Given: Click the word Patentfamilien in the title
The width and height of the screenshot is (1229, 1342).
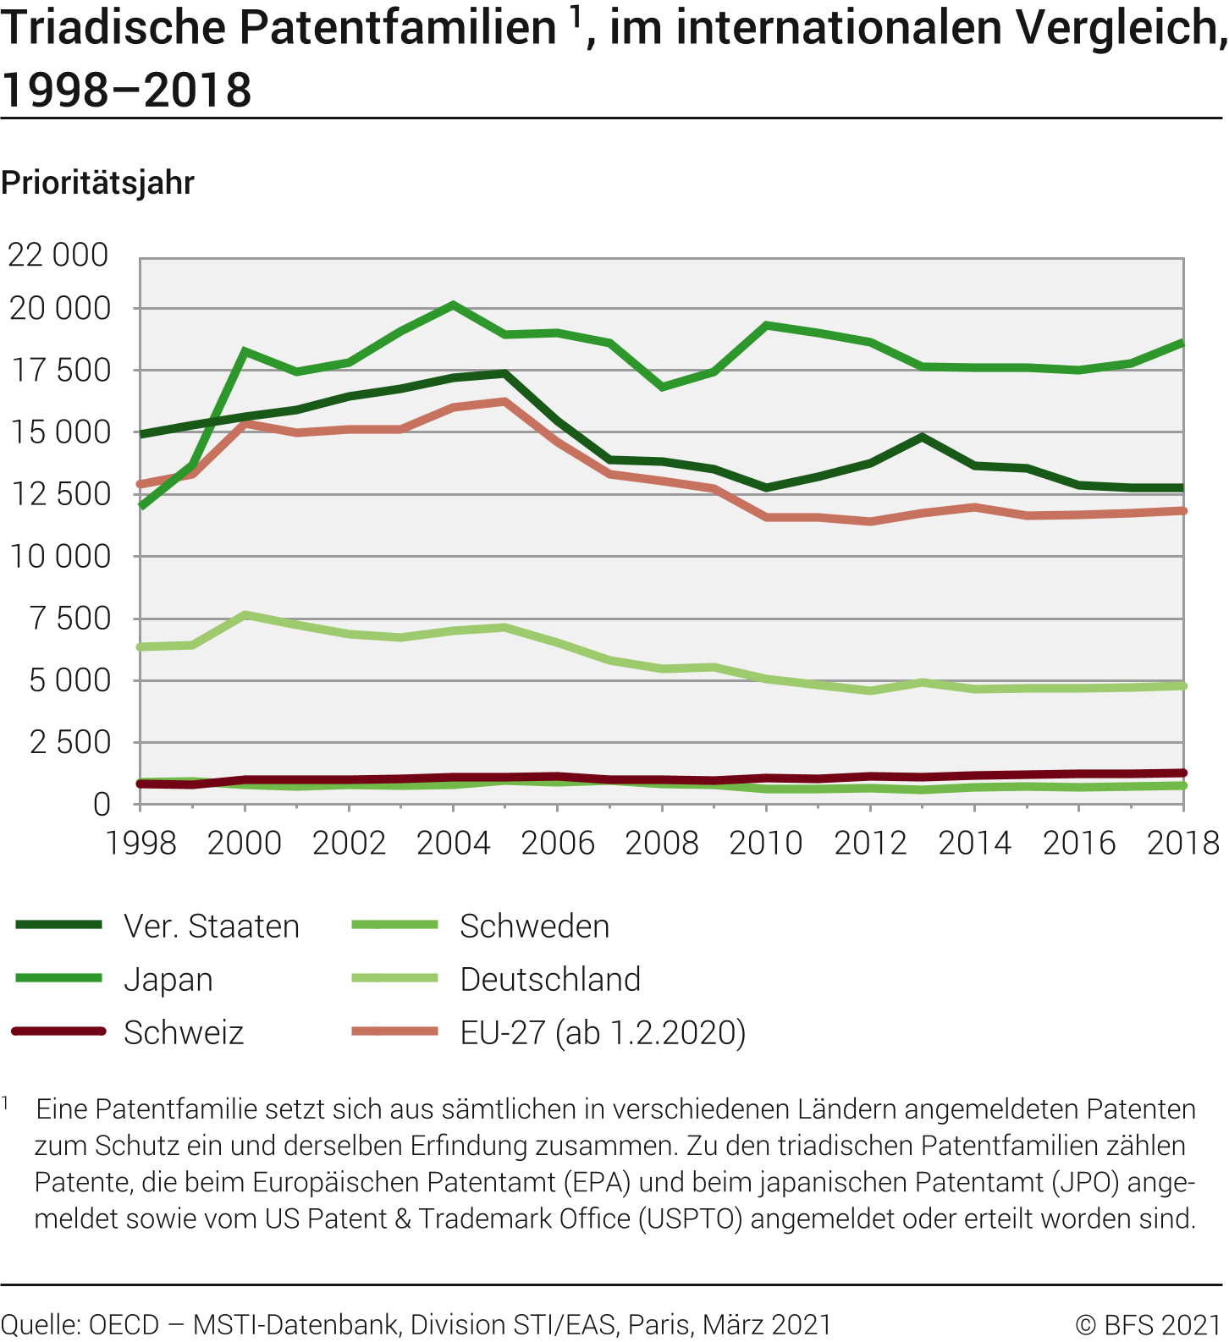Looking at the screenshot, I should click(398, 29).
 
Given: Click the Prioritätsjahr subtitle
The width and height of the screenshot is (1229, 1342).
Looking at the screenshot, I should click(98, 183).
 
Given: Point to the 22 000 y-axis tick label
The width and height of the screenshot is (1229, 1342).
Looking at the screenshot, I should click(58, 255).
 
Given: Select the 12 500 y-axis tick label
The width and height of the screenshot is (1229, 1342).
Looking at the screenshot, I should click(60, 494).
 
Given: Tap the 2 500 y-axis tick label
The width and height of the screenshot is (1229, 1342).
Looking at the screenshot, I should click(70, 742).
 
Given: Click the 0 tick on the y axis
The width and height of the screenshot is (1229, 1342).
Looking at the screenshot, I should click(102, 804).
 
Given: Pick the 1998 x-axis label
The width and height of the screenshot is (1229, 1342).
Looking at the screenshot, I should click(141, 843).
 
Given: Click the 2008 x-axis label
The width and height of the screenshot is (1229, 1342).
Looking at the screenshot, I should click(662, 843).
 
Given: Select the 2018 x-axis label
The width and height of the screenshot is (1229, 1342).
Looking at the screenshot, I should click(1182, 843).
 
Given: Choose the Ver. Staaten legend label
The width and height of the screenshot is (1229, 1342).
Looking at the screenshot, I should click(212, 927).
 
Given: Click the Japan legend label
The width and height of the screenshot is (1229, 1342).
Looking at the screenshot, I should click(168, 980).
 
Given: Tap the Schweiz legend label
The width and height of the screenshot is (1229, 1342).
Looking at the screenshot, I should click(184, 1033).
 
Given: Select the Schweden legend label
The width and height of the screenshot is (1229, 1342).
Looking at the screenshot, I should click(534, 927).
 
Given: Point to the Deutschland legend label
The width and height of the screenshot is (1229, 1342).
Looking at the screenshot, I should click(550, 980).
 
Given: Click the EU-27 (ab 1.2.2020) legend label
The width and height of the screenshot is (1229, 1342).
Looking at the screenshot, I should click(603, 1033).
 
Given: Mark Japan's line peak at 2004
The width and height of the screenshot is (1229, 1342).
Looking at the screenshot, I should click(454, 305).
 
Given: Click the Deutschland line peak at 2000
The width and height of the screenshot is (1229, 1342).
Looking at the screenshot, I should click(245, 614).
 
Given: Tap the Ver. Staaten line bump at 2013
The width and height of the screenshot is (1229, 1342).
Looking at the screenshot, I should click(923, 437).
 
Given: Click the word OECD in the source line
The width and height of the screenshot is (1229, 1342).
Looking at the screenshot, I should click(124, 1324).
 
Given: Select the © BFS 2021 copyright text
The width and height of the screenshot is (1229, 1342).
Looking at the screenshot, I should click(1148, 1324).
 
